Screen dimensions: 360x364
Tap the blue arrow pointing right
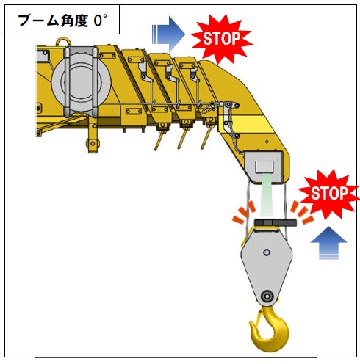(x=168, y=34)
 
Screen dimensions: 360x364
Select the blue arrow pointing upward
(x=328, y=243)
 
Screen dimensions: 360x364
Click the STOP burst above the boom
(x=222, y=38)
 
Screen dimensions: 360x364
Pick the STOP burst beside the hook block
(x=329, y=193)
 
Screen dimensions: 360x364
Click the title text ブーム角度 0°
(x=62, y=21)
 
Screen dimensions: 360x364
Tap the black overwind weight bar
(x=276, y=222)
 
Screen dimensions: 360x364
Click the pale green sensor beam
(x=268, y=196)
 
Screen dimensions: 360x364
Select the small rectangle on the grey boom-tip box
(x=264, y=167)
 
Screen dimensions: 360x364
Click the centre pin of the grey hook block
(x=267, y=252)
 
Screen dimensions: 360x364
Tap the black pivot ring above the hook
(x=267, y=296)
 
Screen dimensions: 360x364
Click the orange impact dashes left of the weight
(x=244, y=212)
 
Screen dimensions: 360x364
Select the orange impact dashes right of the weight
(x=302, y=212)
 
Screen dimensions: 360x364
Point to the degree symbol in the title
(x=105, y=16)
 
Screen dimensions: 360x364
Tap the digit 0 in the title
(x=98, y=21)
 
